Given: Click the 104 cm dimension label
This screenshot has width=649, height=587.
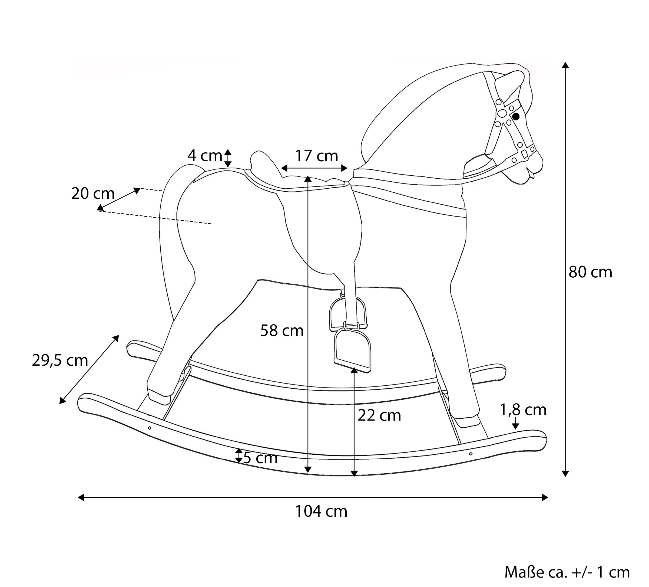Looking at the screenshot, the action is coord(321,511).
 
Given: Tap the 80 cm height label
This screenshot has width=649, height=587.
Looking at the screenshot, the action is coord(590,272).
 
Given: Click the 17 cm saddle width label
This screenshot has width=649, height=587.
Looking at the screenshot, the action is coord(316,156).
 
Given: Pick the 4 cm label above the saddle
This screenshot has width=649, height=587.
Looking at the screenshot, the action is coord(205,156).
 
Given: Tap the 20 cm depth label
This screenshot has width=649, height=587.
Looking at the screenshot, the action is coord(93,194).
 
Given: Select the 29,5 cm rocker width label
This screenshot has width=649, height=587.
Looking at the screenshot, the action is coord(60,360).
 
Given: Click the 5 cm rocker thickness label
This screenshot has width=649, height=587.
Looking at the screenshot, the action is coord(260,458).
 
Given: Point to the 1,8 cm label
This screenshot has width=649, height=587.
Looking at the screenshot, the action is coord(523,410).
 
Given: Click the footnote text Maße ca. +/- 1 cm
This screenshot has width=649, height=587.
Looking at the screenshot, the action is coord(567,572).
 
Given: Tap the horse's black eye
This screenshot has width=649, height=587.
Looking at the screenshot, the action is coord(516,117).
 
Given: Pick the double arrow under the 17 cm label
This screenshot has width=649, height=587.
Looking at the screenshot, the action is coord(314,168).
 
